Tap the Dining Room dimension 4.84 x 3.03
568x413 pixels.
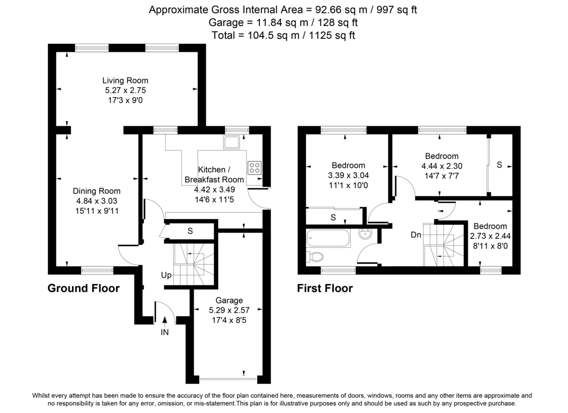[96, 201]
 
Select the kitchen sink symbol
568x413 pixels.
[232, 142]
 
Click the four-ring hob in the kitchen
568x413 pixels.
[254, 167]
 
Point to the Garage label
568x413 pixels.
[229, 300]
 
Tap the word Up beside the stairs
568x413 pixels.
[166, 275]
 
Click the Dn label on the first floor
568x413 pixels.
[416, 234]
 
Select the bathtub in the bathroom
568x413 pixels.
[329, 238]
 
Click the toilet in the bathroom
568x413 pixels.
[316, 257]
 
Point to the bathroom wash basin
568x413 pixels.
[366, 234]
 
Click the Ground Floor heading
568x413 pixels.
[84, 289]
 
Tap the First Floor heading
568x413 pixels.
[325, 289]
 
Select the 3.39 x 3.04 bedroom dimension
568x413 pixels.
[348, 175]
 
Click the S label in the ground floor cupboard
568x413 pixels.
[190, 231]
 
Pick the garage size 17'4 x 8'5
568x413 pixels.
[229, 320]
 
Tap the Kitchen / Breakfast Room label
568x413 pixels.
[214, 175]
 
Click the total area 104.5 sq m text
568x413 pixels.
[282, 35]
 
